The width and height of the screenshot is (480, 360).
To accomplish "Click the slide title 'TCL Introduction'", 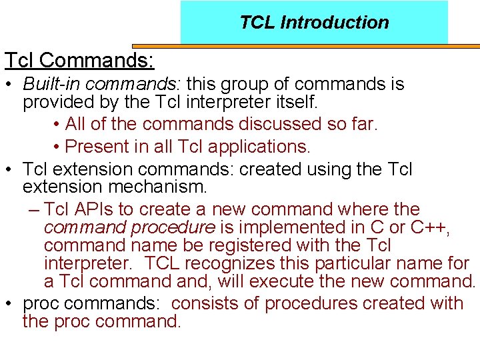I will (314, 23).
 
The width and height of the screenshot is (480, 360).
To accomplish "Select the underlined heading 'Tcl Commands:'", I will (79, 60).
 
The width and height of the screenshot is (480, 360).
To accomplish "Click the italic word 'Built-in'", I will (51, 85).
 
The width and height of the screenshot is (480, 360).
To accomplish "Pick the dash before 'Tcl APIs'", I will (35, 209).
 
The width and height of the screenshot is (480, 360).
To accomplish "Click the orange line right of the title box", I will (464, 46).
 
